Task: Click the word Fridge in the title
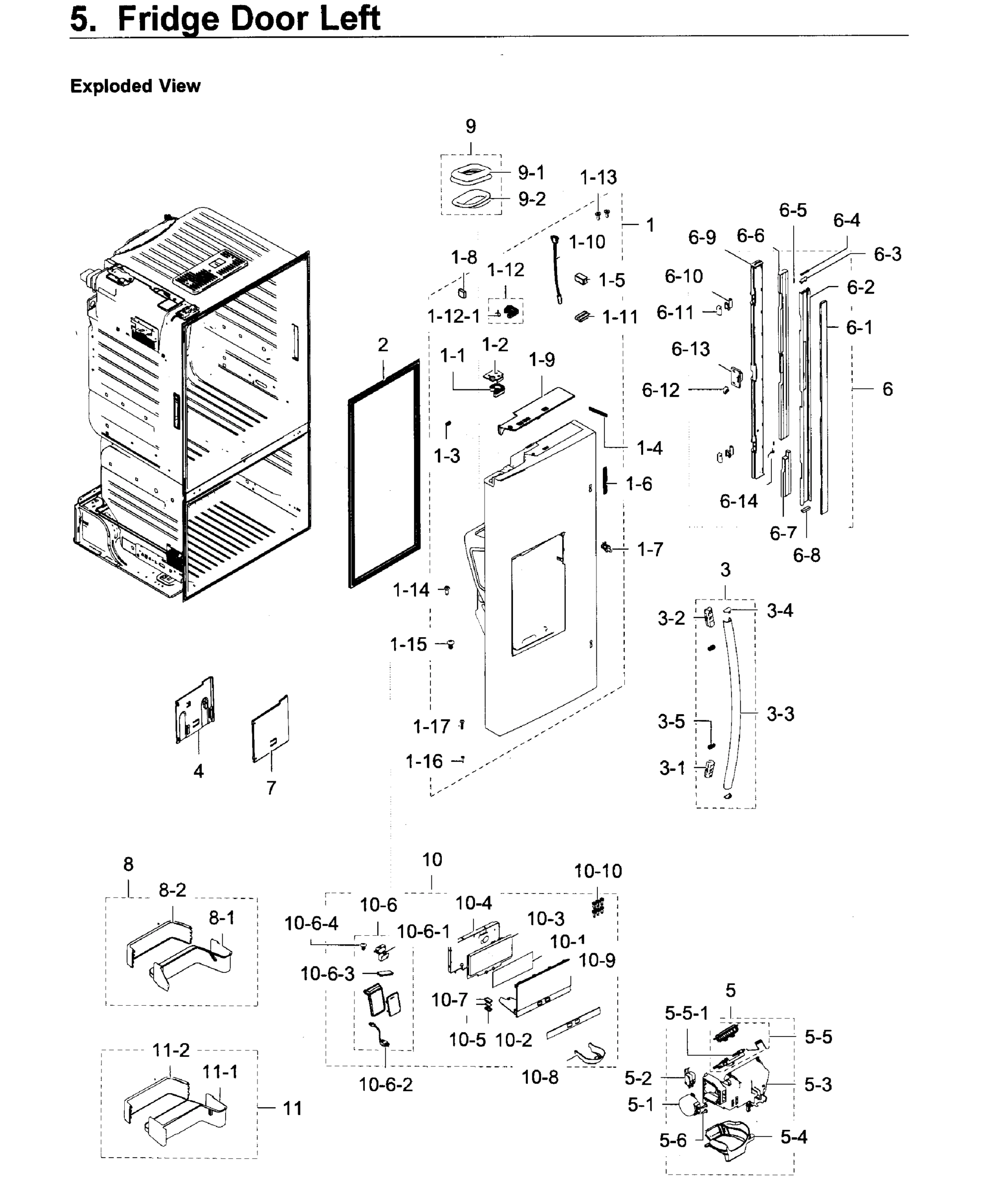click(x=167, y=19)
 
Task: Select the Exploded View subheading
click(x=135, y=86)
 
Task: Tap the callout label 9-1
click(x=531, y=172)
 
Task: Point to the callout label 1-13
click(x=598, y=178)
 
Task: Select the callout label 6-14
click(x=739, y=501)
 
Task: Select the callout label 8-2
click(x=172, y=890)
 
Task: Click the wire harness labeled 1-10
click(x=557, y=270)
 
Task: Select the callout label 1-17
click(x=431, y=726)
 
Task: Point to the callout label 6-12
click(x=661, y=390)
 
